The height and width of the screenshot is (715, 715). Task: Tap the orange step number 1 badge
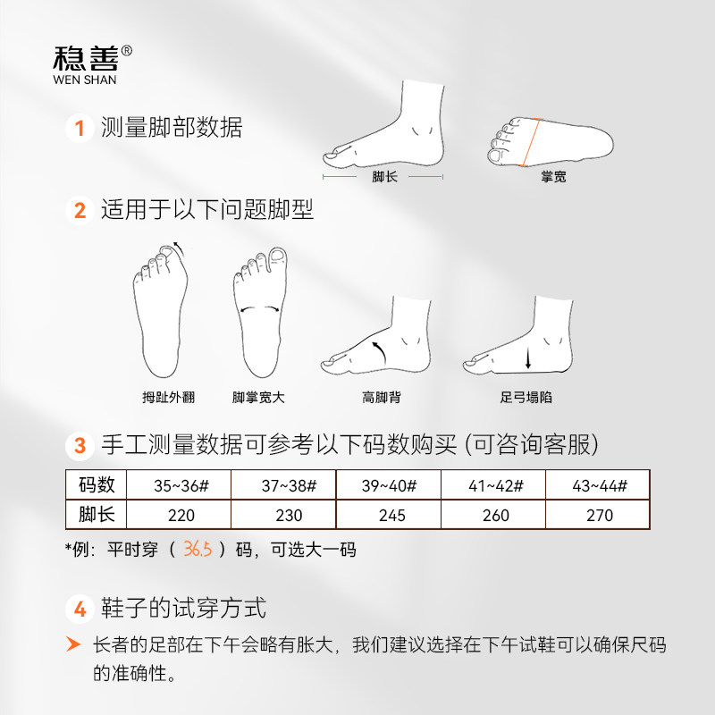[x=80, y=129]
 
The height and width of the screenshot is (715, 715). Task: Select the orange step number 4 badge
[x=80, y=610]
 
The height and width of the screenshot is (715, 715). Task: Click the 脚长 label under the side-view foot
[x=385, y=177]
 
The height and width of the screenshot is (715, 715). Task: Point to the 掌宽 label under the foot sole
[x=553, y=177]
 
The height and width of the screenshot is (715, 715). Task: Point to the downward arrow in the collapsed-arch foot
[x=528, y=358]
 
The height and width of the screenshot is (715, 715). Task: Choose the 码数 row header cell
[x=97, y=485]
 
